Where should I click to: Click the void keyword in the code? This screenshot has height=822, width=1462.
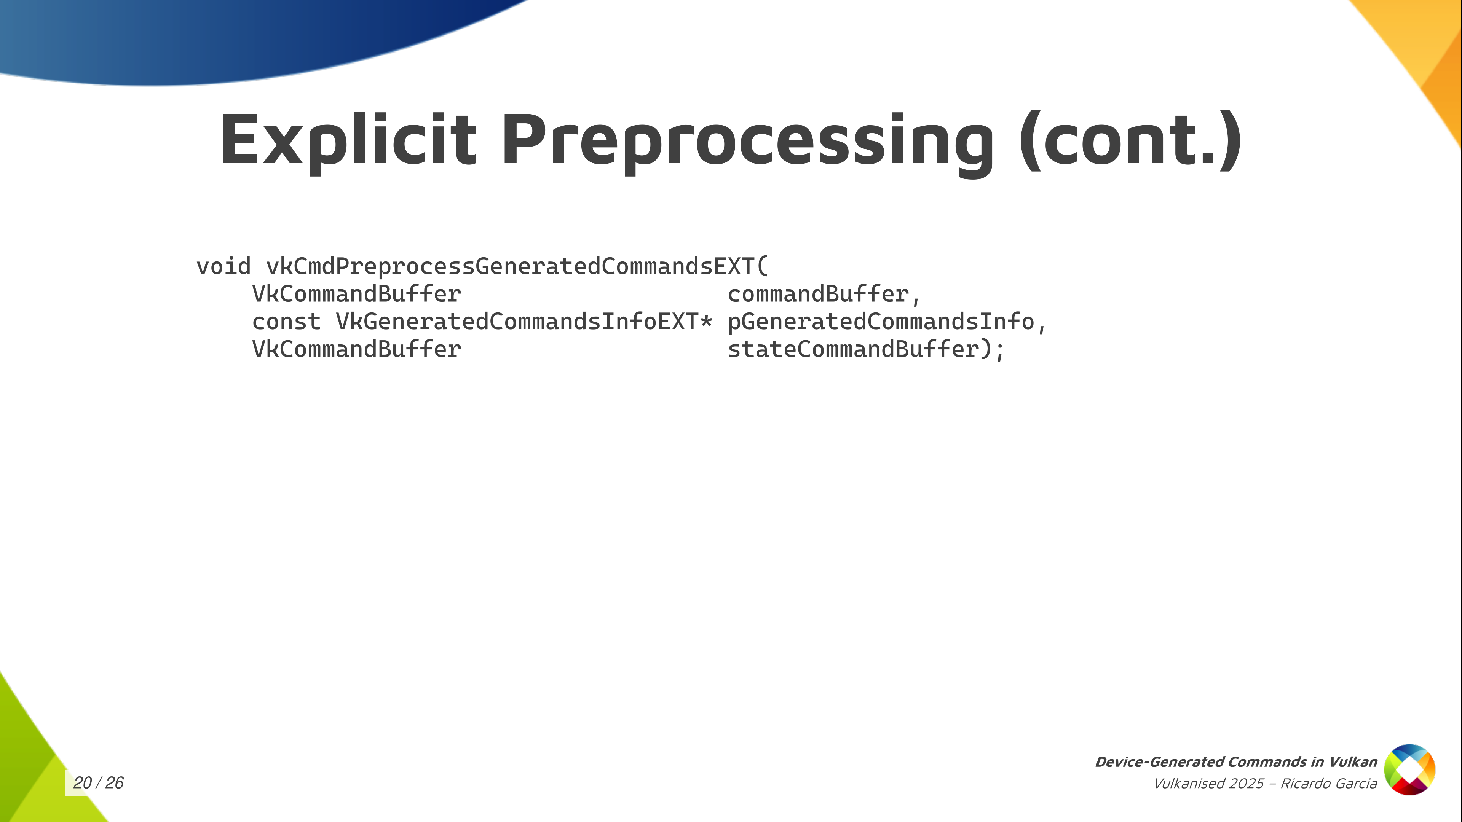click(223, 266)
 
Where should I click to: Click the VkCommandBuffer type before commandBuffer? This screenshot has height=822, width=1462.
click(356, 294)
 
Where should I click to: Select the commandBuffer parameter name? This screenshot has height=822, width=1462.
click(818, 294)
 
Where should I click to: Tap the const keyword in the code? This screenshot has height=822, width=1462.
click(286, 322)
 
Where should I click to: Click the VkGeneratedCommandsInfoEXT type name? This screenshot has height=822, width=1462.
click(517, 321)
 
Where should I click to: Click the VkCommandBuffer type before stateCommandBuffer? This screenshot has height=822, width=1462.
click(356, 349)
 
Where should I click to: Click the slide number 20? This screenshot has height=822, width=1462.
click(82, 783)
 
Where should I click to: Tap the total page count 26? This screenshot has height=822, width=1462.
click(115, 783)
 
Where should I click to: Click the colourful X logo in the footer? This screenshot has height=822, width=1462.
click(1410, 770)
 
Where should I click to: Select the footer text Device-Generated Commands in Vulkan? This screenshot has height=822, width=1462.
click(1236, 762)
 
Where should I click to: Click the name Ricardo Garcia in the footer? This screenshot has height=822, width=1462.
click(1329, 784)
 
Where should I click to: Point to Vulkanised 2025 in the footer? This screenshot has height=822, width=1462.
click(1209, 784)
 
